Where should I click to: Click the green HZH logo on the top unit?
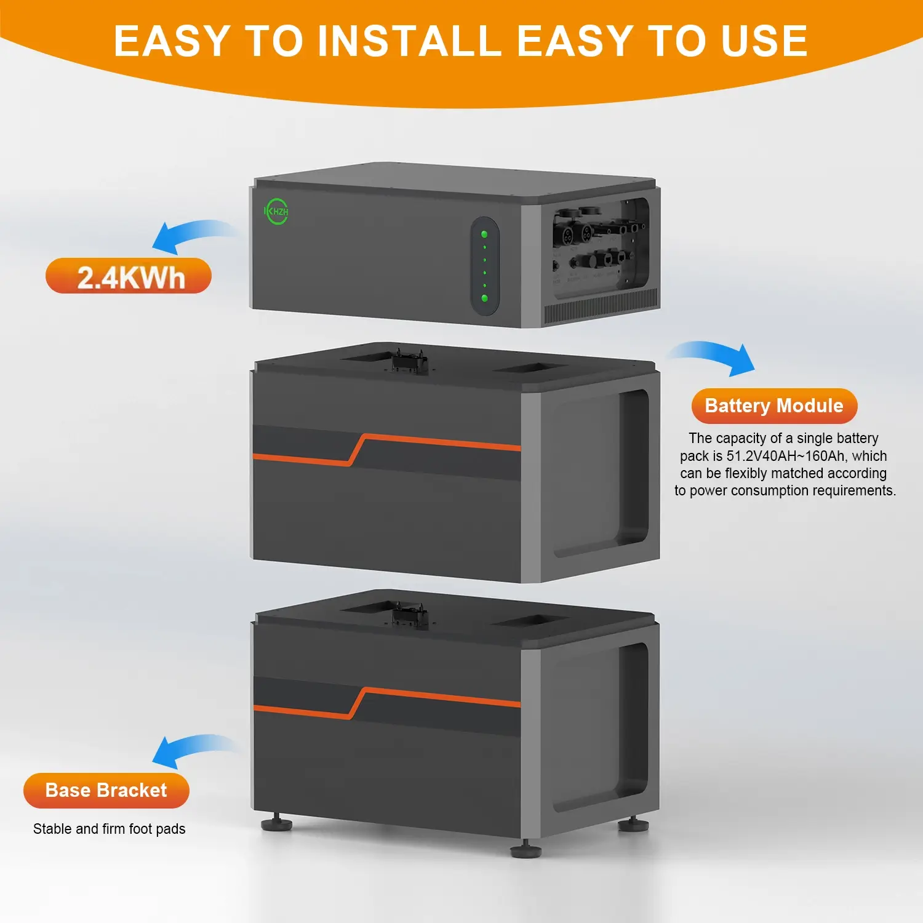pos(276,211)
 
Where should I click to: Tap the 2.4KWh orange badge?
pos(129,276)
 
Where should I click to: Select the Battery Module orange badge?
pos(774,406)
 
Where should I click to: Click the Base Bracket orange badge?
pos(106,790)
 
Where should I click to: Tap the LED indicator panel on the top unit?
pos(485,266)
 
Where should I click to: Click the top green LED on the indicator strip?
pos(484,234)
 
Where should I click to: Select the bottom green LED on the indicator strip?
pos(485,298)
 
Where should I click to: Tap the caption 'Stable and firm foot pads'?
pos(110,829)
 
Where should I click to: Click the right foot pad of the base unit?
pos(633,823)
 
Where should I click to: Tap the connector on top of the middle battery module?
pos(409,361)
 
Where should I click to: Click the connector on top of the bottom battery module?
pos(409,616)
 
